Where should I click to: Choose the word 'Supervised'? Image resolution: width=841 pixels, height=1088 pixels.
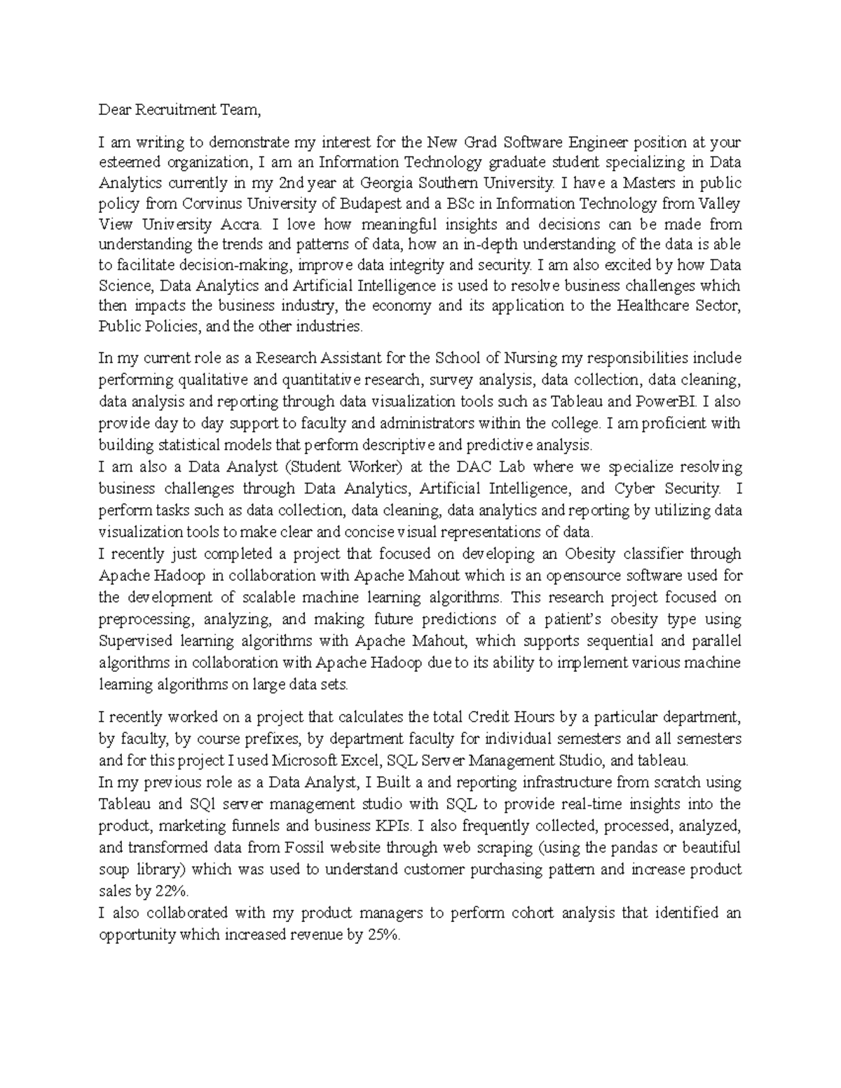[133, 641]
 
